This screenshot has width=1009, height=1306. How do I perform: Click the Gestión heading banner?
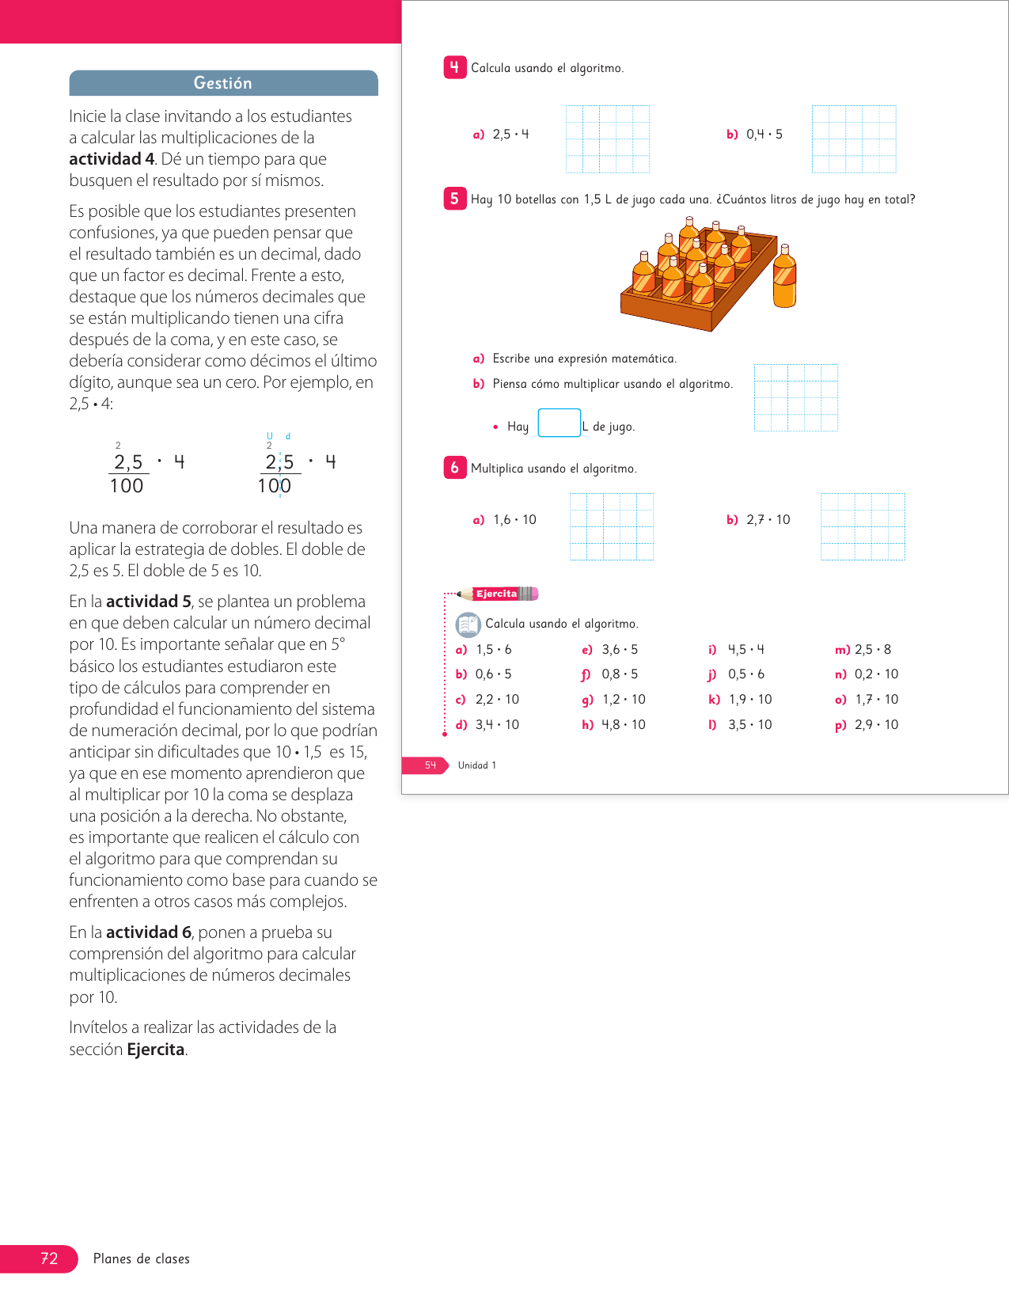click(x=223, y=83)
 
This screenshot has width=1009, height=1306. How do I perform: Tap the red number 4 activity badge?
click(x=454, y=68)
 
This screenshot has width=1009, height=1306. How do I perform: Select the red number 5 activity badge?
click(x=454, y=199)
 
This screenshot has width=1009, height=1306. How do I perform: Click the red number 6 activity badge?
click(x=454, y=468)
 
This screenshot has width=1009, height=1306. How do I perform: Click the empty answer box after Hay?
click(x=559, y=423)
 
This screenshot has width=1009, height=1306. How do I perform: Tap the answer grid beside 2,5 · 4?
click(x=608, y=139)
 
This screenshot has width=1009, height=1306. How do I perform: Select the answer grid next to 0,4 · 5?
click(x=854, y=139)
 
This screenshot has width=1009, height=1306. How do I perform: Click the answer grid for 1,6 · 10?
click(x=611, y=526)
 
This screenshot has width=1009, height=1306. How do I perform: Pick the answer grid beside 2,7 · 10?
click(x=863, y=526)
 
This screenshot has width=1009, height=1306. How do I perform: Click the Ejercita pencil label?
click(x=498, y=594)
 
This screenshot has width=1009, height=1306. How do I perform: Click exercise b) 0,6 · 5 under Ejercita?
click(x=484, y=674)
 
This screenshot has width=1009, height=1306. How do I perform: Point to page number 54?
click(x=430, y=765)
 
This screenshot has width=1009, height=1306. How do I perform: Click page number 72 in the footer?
click(x=49, y=1259)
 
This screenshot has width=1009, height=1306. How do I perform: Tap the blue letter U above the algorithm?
click(x=269, y=436)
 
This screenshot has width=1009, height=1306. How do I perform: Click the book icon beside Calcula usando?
click(x=468, y=625)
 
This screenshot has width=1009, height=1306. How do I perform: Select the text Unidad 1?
click(x=477, y=765)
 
